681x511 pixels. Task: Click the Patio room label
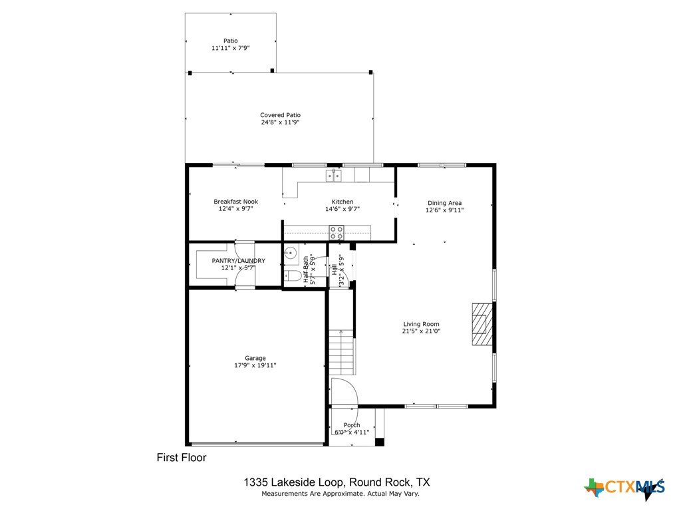231,41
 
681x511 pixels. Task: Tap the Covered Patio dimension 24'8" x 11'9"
280,122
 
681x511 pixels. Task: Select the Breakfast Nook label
236,202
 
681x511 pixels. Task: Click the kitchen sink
334,176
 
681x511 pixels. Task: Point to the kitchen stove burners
336,232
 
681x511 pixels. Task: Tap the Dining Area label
444,203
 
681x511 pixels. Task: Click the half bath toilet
293,276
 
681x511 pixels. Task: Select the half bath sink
290,252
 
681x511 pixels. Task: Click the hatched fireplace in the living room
483,324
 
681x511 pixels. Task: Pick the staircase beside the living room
341,352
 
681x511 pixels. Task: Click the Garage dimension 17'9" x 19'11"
255,365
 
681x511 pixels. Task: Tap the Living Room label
421,324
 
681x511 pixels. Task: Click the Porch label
352,425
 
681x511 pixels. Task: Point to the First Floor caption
182,458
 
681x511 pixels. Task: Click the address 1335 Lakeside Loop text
294,482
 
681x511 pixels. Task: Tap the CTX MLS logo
624,488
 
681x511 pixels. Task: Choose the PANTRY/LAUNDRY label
238,261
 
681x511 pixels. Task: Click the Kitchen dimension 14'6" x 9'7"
342,209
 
